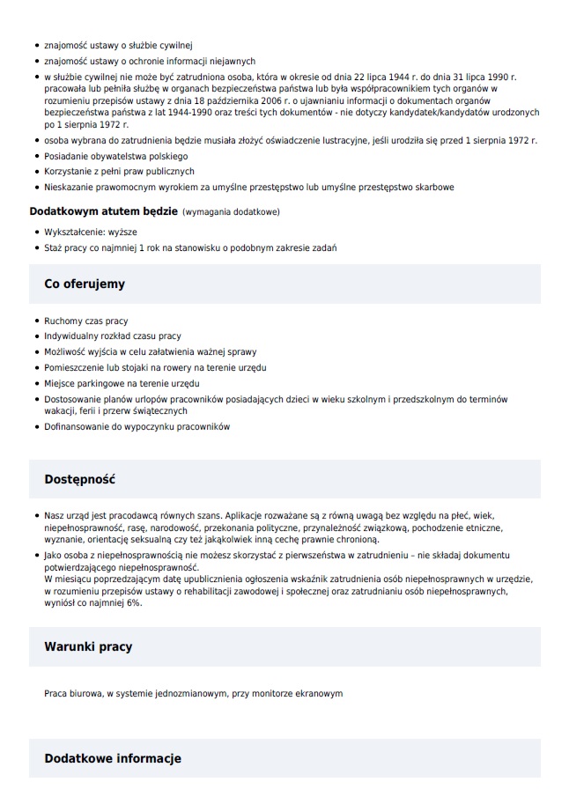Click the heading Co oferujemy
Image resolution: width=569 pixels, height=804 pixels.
pos(85,284)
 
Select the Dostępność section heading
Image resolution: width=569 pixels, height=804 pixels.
pos(80,480)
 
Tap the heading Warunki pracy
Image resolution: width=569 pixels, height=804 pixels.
pos(88,646)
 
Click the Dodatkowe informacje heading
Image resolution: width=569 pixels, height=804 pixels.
pos(113,758)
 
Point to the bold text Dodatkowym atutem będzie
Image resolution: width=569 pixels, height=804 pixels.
pos(103,212)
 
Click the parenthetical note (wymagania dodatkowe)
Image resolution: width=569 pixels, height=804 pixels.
pos(231,212)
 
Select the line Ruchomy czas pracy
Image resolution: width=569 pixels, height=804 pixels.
pos(86,321)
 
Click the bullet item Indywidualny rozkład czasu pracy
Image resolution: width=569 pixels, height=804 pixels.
pos(113,336)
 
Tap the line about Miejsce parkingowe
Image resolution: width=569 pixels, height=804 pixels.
pos(122,383)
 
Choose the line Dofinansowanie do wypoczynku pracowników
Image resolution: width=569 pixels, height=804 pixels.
pos(137,427)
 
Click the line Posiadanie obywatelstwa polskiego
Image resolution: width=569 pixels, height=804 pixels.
pos(109,156)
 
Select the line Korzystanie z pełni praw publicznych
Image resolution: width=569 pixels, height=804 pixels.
pos(119,172)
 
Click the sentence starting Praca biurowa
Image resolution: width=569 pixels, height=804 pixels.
pos(193,694)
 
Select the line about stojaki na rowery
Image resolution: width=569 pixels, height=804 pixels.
pos(155,367)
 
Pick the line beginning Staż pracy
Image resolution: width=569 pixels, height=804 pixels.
pos(189,248)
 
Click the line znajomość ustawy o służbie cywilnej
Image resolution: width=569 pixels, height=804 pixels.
pos(117,45)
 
